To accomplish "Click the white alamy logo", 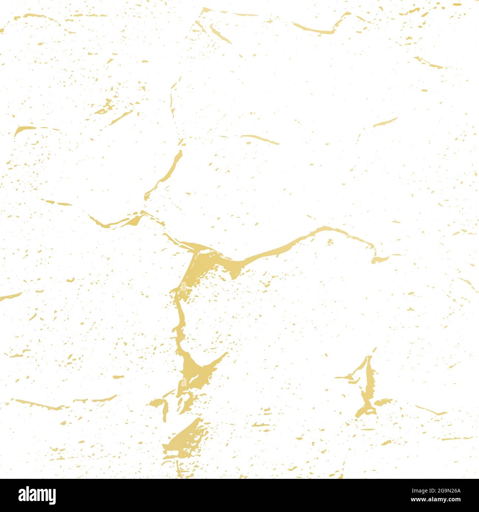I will (37, 495).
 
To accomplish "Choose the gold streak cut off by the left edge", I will (9, 296).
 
